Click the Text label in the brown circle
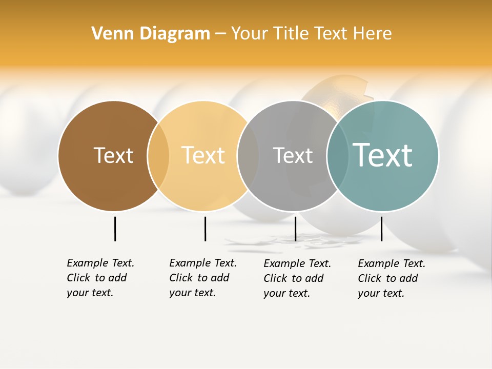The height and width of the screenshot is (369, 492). click(x=113, y=155)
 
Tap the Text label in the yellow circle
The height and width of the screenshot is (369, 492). click(x=203, y=155)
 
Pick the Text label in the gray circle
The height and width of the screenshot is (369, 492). click(x=293, y=155)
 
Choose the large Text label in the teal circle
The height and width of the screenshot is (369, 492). click(x=382, y=155)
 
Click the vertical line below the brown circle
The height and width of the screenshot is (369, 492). click(x=115, y=229)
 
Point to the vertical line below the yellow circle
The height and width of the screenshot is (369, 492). click(x=205, y=229)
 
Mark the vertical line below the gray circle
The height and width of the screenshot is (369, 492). click(x=295, y=229)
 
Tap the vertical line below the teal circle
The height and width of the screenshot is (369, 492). click(x=381, y=229)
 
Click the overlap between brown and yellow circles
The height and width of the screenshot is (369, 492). click(x=158, y=156)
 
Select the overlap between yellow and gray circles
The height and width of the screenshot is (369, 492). click(x=248, y=156)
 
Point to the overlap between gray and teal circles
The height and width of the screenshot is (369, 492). click(x=337, y=156)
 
